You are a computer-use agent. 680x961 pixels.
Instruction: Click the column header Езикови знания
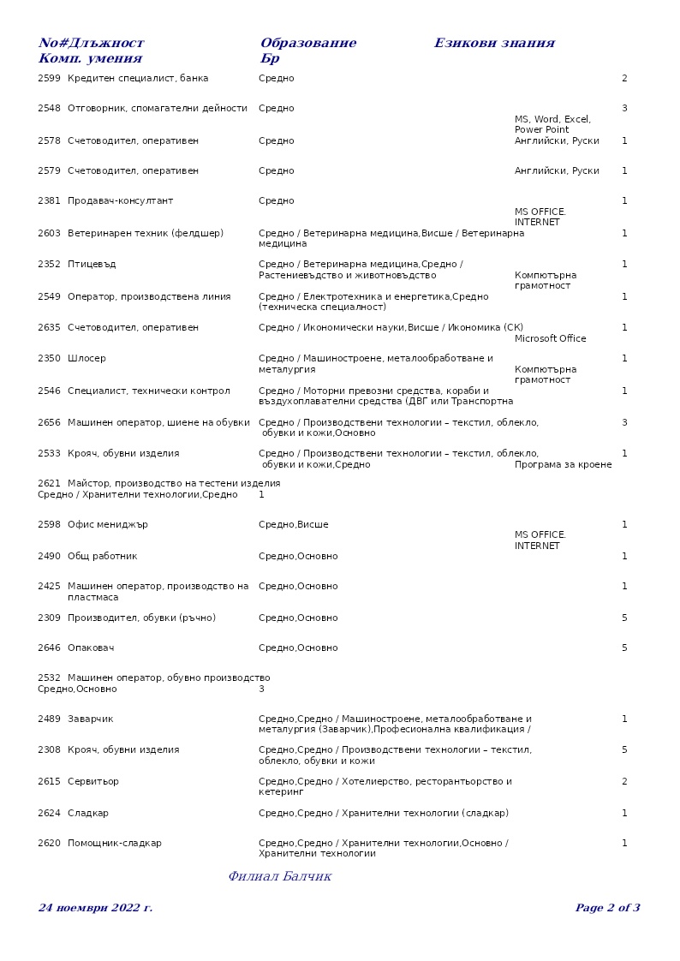tap(494, 44)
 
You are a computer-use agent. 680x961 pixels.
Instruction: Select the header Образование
tap(308, 44)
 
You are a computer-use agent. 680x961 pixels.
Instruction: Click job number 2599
tap(49, 79)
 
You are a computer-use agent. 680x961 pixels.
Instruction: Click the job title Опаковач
tap(91, 648)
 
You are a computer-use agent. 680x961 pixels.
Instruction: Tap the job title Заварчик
tap(90, 719)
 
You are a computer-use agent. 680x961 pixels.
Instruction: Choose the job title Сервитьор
tap(93, 782)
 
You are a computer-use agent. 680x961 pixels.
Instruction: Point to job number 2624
tap(49, 814)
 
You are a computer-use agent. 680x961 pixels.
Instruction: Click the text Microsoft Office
tap(551, 339)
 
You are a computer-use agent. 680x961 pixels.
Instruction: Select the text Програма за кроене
tap(564, 465)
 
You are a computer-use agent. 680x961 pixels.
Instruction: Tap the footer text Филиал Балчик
tap(280, 877)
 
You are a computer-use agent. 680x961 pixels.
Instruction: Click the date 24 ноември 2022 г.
tap(96, 908)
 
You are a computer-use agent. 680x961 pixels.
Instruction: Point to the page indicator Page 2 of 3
tap(607, 908)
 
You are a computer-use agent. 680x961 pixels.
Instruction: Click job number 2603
tap(49, 234)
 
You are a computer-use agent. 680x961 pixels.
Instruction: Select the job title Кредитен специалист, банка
tap(138, 79)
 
